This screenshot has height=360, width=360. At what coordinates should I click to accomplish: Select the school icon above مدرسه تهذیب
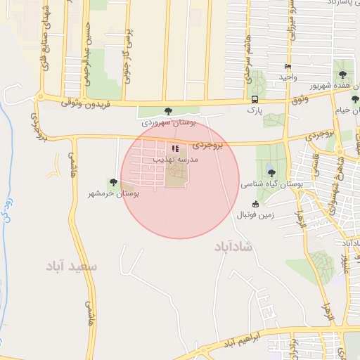point(175,149)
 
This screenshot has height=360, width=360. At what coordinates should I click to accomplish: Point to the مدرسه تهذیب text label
point(176,160)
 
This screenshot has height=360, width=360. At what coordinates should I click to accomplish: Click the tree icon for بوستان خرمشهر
point(112,183)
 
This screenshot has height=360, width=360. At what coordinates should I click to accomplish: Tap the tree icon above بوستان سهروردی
point(167,111)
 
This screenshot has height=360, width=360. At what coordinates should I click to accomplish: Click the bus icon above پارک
point(254,99)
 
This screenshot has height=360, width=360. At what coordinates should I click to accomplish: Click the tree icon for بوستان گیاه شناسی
point(271,173)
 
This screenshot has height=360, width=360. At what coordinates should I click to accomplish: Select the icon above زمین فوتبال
point(255,204)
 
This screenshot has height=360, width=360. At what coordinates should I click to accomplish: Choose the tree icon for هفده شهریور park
point(342,74)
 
